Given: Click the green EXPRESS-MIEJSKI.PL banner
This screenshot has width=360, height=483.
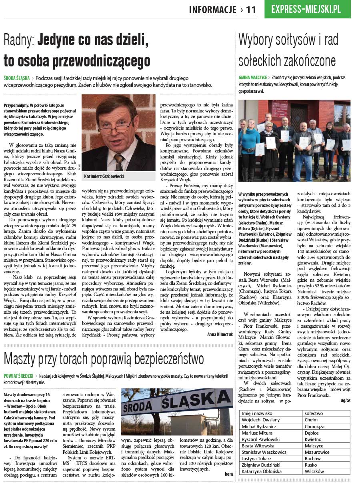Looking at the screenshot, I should click(307, 10).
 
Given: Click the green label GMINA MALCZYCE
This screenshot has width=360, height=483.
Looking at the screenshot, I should click(252, 77).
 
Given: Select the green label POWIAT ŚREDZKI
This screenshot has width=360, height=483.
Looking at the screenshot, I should click(18, 376).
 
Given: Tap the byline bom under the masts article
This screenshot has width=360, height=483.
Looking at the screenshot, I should click(228, 474).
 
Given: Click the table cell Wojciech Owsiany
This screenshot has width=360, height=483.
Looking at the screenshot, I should click(260, 420).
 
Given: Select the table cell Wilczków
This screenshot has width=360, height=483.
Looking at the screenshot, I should click(314, 471).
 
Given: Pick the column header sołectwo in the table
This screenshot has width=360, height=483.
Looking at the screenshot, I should click(314, 413).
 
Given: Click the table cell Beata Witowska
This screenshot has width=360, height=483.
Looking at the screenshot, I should click(258, 446).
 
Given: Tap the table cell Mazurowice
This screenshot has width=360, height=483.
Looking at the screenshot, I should click(317, 452).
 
